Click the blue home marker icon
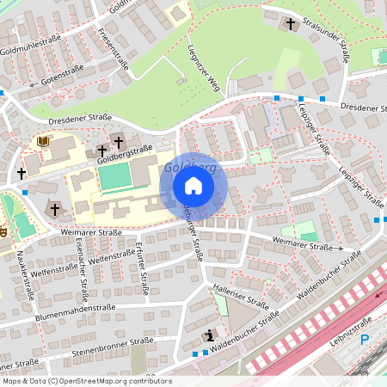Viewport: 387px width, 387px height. coord(193,186)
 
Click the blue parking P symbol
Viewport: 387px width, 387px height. coord(364,340)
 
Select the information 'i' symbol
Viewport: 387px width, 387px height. coord(207,335)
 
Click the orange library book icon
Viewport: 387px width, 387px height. coord(44,140)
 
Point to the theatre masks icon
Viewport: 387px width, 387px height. coord(3,231)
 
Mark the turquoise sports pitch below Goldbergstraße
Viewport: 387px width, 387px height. coord(114,179)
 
